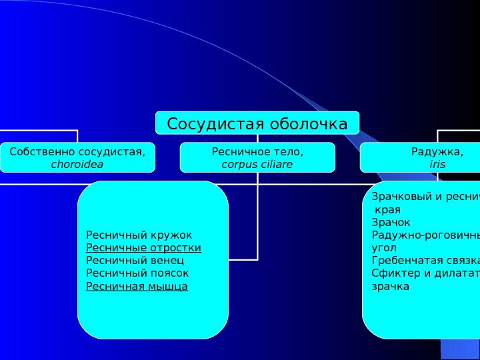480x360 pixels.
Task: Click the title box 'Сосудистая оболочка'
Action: pyautogui.click(x=257, y=123)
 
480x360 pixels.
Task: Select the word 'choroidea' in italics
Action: pyautogui.click(x=77, y=164)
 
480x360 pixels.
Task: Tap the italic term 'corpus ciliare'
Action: pyautogui.click(x=257, y=164)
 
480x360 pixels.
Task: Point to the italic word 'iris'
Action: pyautogui.click(x=437, y=164)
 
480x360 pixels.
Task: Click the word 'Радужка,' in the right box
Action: pyautogui.click(x=437, y=151)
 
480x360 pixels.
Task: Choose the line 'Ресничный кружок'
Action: pyautogui.click(x=139, y=235)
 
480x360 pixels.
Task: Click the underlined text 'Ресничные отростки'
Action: pyautogui.click(x=143, y=248)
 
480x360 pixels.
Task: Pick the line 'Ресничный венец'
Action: pyautogui.click(x=135, y=261)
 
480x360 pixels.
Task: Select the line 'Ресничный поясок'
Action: pyautogui.click(x=137, y=273)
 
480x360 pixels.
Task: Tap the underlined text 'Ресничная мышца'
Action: pyautogui.click(x=137, y=287)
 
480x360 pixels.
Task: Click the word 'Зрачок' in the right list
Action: pyautogui.click(x=391, y=222)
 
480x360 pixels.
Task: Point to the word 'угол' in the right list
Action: pyautogui.click(x=383, y=247)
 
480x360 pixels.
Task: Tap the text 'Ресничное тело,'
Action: pyautogui.click(x=257, y=151)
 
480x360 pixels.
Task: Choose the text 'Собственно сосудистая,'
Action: pyautogui.click(x=77, y=151)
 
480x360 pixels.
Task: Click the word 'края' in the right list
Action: pyautogui.click(x=388, y=209)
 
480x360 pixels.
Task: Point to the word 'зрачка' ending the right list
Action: pyautogui.click(x=390, y=287)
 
